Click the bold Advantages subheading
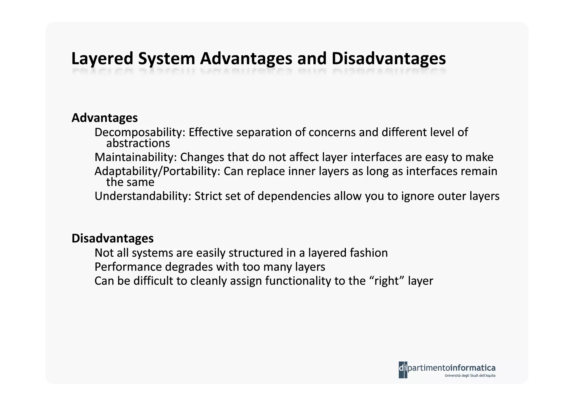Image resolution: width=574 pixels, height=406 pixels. pos(105,118)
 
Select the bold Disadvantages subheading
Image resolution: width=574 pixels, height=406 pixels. pos(112,238)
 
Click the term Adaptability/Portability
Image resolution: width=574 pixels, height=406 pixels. pos(157,171)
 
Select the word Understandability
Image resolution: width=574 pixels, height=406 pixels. pos(143,196)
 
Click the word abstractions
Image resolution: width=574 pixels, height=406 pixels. pos(138,143)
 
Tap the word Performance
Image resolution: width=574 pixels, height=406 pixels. pos(128,267)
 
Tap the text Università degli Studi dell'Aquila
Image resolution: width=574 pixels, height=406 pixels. pos(470,376)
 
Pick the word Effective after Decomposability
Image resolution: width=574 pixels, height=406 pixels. pos(210,132)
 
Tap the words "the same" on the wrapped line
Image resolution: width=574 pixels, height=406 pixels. pos(130,182)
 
